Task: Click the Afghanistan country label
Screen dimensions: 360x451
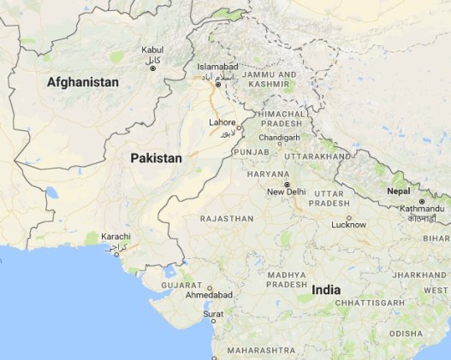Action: [82, 82]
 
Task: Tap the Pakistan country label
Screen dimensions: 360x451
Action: [156, 159]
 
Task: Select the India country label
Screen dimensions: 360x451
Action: [326, 290]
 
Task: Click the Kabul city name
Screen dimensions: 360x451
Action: [151, 50]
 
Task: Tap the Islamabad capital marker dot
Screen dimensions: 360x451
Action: [217, 85]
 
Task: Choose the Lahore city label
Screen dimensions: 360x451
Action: [222, 122]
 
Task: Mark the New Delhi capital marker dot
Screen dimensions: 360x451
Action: [287, 183]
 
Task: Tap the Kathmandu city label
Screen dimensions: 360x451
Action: [422, 209]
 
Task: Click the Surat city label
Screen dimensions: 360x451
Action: [213, 314]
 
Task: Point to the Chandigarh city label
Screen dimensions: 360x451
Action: [280, 138]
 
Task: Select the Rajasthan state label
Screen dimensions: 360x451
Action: [226, 219]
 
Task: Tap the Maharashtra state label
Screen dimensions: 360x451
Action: [261, 350]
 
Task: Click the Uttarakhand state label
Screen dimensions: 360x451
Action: [317, 157]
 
